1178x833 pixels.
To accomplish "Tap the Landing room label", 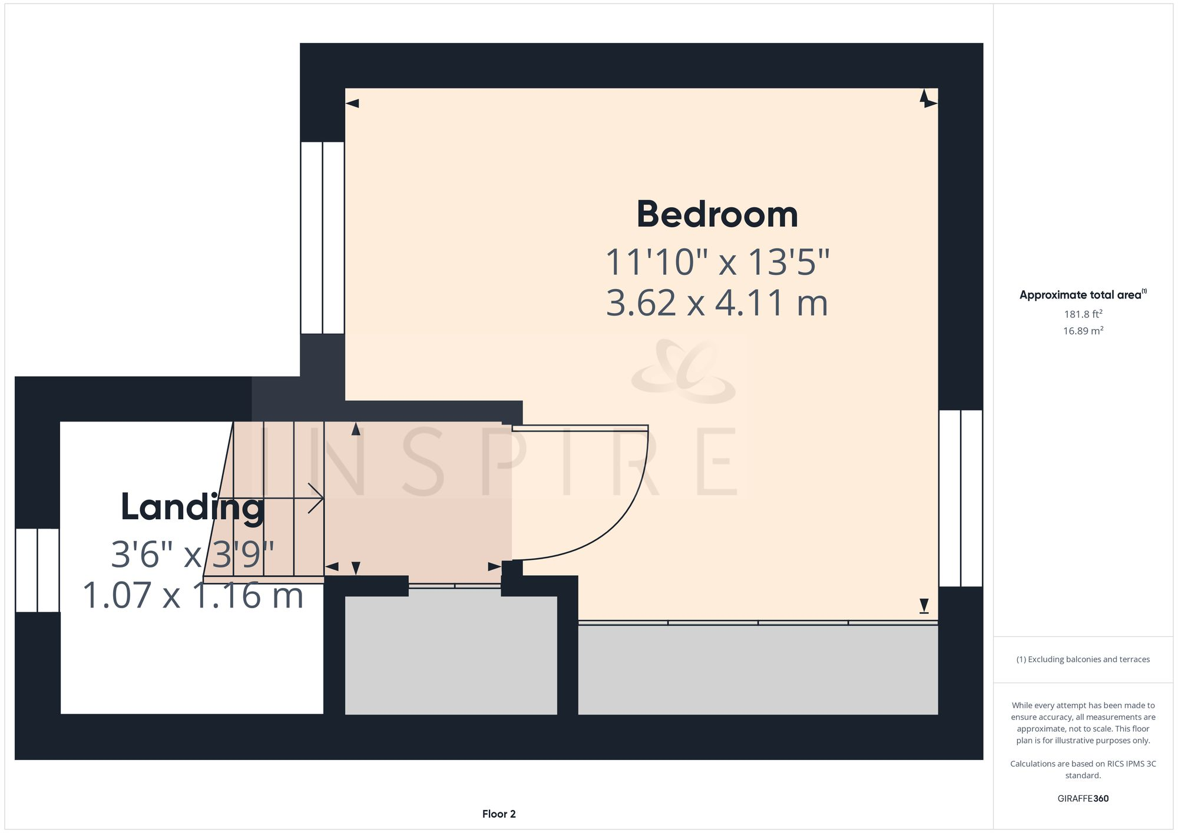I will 193,507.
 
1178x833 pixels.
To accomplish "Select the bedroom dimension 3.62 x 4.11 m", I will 717,303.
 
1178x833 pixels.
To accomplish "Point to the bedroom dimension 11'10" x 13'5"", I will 717,262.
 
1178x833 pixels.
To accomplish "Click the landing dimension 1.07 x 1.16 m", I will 193,595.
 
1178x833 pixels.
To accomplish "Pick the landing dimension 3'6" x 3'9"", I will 193,554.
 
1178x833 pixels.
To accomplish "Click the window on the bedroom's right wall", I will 960,498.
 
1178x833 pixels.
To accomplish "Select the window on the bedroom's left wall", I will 322,237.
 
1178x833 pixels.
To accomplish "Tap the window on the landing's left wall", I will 37,570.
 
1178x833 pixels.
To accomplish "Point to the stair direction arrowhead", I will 318,499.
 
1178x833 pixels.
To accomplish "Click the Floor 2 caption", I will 499,814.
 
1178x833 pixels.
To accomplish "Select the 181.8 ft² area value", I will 1083,314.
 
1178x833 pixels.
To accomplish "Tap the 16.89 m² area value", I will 1083,331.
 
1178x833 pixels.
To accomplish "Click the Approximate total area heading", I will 1083,295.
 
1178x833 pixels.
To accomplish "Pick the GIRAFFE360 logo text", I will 1083,799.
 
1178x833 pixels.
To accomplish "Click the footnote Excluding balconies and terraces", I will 1083,659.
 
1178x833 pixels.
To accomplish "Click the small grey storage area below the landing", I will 451,655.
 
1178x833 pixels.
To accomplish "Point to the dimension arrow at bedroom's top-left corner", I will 352,104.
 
